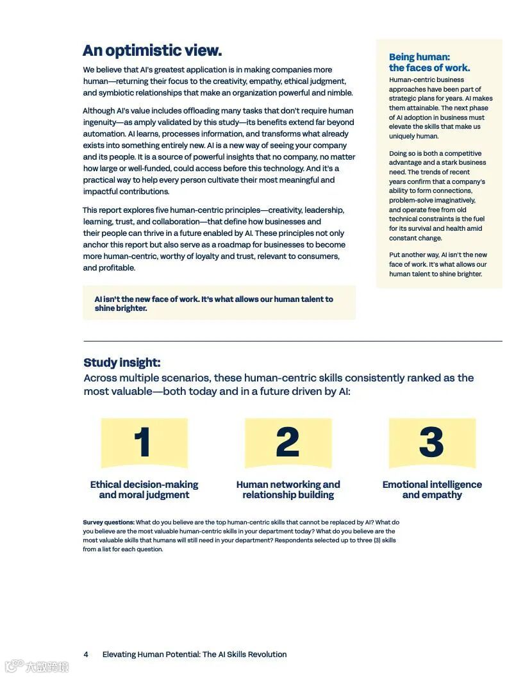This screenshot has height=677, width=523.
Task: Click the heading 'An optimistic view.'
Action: tap(152, 51)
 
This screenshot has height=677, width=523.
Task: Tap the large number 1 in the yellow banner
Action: tap(143, 442)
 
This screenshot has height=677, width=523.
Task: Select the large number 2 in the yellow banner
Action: tap(288, 442)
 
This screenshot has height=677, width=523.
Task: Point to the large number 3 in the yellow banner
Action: tap(431, 442)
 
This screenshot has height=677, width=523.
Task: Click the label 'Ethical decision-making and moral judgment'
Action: tap(144, 490)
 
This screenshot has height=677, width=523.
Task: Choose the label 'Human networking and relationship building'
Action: tap(288, 490)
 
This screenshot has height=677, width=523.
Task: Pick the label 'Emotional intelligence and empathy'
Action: tap(432, 490)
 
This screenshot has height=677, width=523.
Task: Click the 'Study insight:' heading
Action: tap(122, 363)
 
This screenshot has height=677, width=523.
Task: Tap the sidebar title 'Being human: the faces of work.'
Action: tap(429, 62)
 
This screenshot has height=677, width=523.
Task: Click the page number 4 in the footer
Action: tap(86, 655)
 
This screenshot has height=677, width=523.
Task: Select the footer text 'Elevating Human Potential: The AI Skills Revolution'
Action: tap(194, 655)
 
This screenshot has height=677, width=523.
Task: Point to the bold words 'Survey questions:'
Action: tap(108, 522)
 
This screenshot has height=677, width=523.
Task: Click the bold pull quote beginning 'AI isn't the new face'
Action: tap(213, 303)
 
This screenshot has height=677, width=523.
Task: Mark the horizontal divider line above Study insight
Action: tap(292, 341)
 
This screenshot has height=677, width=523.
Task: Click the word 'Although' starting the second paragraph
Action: tap(98, 111)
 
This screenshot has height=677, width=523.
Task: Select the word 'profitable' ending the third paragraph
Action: tap(117, 268)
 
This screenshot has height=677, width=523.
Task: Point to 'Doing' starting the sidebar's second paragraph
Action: tap(399, 154)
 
